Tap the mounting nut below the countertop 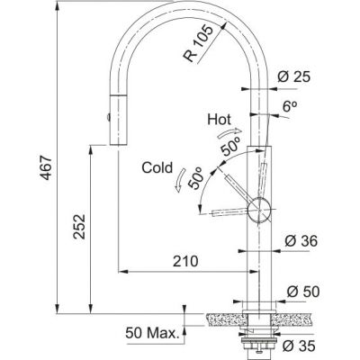[261, 338]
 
